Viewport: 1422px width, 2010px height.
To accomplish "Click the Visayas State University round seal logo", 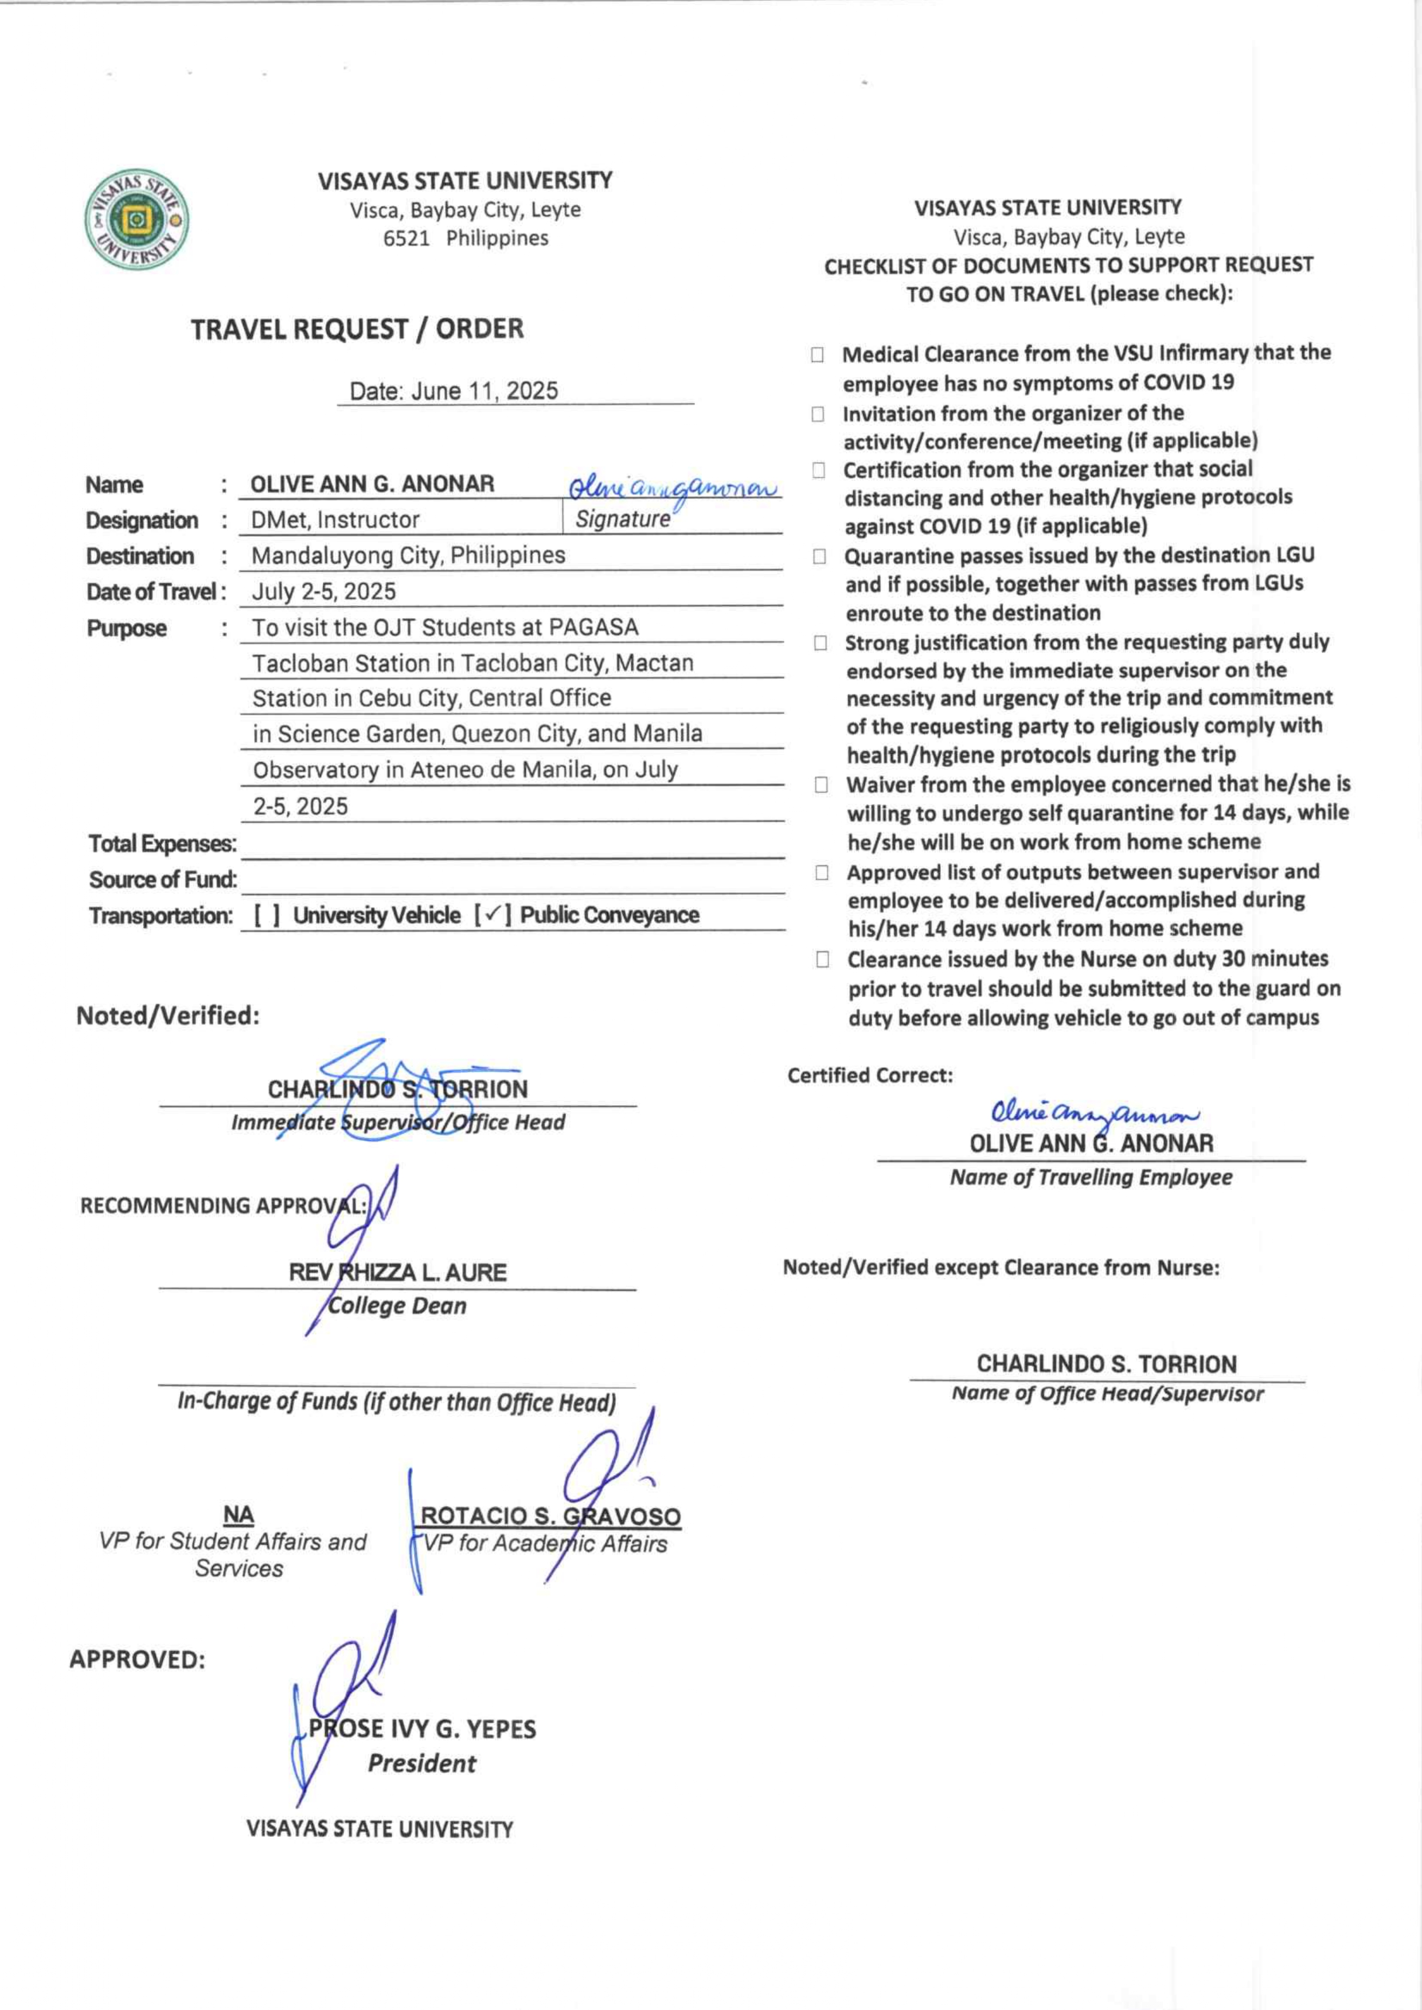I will (136, 219).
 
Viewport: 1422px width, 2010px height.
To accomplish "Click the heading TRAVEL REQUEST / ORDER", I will (357, 329).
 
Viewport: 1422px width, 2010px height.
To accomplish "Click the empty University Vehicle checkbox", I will (267, 915).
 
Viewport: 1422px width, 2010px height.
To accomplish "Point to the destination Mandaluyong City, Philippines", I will (408, 555).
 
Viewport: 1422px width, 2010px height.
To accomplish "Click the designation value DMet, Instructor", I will (335, 520).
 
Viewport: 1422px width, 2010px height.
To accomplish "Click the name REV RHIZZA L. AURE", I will (397, 1273).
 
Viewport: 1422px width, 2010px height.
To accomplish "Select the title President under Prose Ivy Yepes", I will (421, 1763).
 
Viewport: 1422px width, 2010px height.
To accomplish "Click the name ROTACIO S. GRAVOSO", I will (550, 1516).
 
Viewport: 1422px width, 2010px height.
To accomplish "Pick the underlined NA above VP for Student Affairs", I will (238, 1515).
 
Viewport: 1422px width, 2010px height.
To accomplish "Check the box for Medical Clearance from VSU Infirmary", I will (817, 355).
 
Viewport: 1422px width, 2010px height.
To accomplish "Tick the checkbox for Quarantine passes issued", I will (819, 556).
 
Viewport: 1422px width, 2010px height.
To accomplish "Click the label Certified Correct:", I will (869, 1075).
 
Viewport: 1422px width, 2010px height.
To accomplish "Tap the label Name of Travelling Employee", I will (1091, 1177).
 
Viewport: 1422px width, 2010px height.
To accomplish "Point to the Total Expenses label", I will (162, 844).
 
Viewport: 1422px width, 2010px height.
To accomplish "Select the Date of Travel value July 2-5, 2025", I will (324, 591).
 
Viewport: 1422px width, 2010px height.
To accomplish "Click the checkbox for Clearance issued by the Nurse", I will (822, 960).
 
